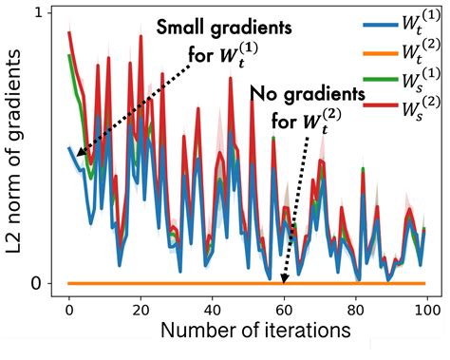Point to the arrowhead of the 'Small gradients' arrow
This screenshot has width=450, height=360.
tap(77, 155)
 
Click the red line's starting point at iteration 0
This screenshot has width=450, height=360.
tap(69, 33)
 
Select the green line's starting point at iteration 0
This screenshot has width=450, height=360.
tap(69, 55)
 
